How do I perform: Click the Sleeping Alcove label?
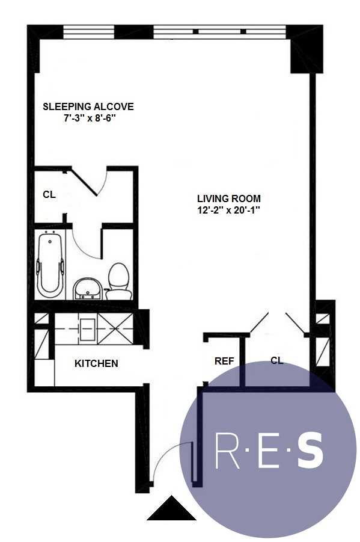point(88,106)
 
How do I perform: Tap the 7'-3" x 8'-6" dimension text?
point(89,119)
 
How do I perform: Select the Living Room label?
point(229,198)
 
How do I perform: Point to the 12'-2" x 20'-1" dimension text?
point(230,210)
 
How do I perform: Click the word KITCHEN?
point(96,363)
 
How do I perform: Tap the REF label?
point(224,361)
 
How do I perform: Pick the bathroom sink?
point(87,289)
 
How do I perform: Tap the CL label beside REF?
point(277,361)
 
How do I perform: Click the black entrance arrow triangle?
point(171,510)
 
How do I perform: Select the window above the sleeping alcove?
point(89,31)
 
